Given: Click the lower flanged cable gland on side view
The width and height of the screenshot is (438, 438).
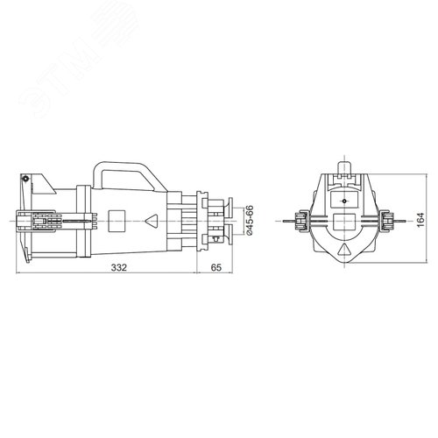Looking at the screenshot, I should coord(226,235).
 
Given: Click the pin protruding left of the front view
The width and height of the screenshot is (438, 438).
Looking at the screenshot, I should coord(288,221).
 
